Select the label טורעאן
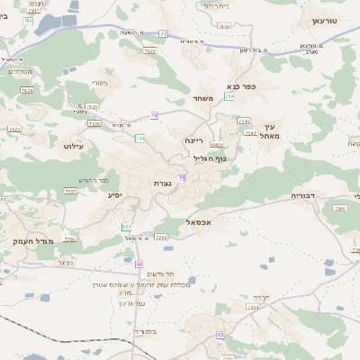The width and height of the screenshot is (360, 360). [x=323, y=20]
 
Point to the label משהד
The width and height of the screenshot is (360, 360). [x=202, y=97]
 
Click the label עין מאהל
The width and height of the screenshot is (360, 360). [x=274, y=131]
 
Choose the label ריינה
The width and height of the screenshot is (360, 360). [x=195, y=140]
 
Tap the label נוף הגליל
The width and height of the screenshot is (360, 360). [x=210, y=157]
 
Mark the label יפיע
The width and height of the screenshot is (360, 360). [x=115, y=194]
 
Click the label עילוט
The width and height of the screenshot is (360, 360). [x=74, y=145]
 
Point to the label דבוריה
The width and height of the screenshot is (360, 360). [x=303, y=195]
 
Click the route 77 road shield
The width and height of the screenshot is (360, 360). [x=163, y=33]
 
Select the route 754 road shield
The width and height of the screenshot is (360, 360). [x=230, y=95]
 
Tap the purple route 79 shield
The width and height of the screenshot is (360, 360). [x=154, y=115]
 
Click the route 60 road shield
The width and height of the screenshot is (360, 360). [x=139, y=264]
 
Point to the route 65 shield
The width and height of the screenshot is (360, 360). [x=220, y=335]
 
